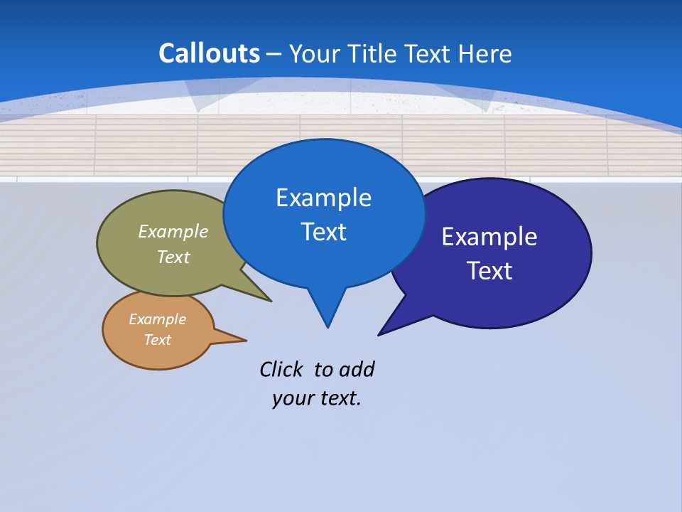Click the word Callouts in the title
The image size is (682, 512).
[209, 53]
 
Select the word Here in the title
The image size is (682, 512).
[486, 54]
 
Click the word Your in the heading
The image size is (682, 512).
[315, 54]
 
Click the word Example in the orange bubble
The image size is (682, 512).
[158, 320]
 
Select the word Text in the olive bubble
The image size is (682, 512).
[173, 257]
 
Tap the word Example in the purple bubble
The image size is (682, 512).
[489, 237]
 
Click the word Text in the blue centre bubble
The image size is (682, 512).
[324, 232]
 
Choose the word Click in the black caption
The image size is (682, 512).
[281, 370]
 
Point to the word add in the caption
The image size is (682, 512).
[357, 370]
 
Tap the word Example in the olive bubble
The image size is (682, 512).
[173, 232]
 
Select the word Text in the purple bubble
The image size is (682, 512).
[489, 271]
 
